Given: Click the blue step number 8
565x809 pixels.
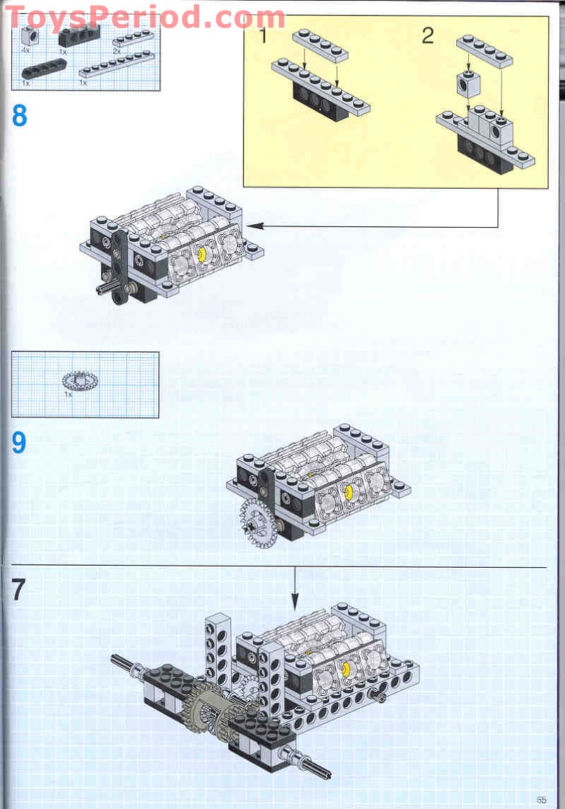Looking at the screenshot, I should tap(19, 115).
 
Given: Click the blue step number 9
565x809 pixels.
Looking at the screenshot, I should tap(19, 443).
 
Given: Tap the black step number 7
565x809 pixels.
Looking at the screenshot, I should tap(19, 590).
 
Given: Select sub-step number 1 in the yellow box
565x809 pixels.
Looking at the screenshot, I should tap(263, 35).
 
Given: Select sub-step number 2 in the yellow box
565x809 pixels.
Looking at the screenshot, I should tap(427, 35).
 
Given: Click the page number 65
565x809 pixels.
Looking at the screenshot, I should tap(541, 800).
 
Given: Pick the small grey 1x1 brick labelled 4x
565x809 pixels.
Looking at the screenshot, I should tap(29, 39).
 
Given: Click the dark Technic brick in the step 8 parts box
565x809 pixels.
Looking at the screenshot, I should tap(73, 40).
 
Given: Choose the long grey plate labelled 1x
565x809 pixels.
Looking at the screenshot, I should tap(116, 64).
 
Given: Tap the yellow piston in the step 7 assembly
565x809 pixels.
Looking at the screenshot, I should tap(347, 668).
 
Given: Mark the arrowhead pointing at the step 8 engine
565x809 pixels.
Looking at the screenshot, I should tap(251, 226).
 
